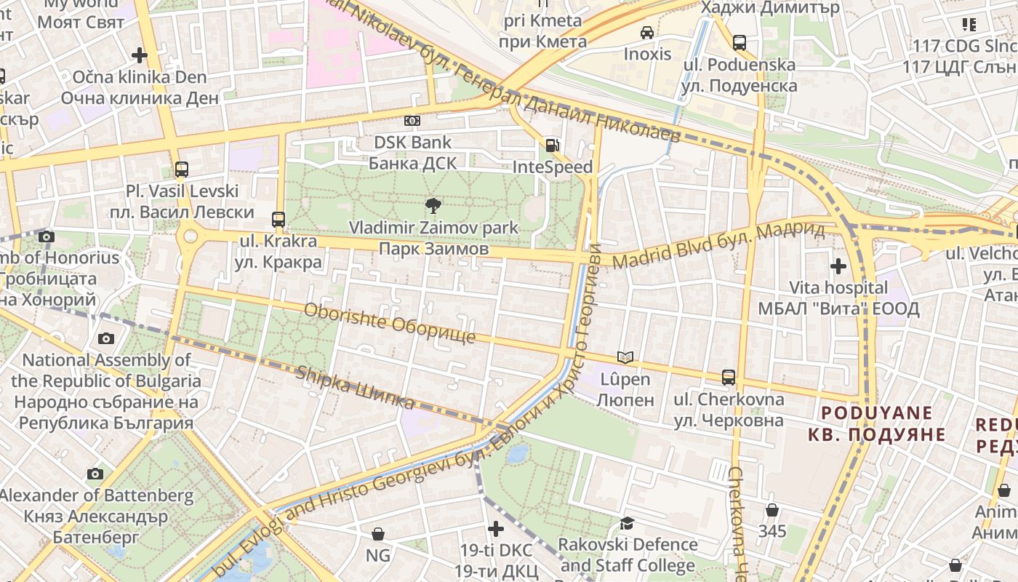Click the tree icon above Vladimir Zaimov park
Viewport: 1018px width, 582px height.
[x=433, y=206]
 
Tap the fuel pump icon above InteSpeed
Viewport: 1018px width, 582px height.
[x=553, y=145]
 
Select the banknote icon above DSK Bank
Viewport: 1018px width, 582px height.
[x=412, y=121]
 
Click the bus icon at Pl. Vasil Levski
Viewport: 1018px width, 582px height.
[x=182, y=170]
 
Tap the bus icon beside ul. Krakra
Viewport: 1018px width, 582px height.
[x=278, y=219]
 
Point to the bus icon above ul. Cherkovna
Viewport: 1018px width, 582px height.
[x=729, y=378]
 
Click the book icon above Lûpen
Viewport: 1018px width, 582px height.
[x=625, y=357]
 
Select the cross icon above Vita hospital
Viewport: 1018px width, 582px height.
[x=838, y=266]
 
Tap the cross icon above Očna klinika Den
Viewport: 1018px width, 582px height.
[x=139, y=55]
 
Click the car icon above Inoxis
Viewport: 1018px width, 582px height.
[x=647, y=33]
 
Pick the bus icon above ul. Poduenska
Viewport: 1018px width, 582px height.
[x=740, y=43]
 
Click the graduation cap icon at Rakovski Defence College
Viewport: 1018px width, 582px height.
[x=627, y=523]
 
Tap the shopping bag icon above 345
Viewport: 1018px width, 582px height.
[x=771, y=510]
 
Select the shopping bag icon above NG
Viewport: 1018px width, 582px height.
[x=377, y=535]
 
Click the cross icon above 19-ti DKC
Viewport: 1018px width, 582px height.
[x=496, y=528]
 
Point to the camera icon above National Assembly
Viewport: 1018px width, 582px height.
[x=106, y=338]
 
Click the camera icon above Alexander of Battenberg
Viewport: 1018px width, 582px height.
[x=95, y=474]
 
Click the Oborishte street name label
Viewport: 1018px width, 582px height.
[x=390, y=324]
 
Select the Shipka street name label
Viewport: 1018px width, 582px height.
[x=354, y=388]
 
